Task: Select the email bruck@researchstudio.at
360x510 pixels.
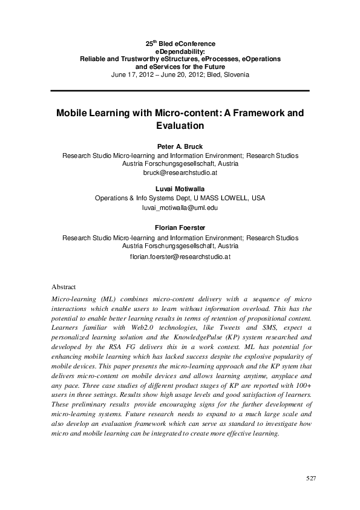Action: pos(180,172)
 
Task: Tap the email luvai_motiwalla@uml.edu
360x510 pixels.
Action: pos(180,208)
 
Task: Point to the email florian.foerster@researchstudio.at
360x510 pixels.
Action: pos(180,256)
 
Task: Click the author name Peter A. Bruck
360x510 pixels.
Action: pos(180,146)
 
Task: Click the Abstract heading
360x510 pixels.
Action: pos(64,287)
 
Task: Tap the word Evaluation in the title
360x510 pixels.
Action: pos(180,126)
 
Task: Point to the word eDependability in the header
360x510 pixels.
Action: pos(180,52)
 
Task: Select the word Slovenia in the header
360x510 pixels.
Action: pos(235,75)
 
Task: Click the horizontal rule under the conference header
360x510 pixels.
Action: pos(180,91)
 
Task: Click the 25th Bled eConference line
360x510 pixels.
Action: pos(180,44)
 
